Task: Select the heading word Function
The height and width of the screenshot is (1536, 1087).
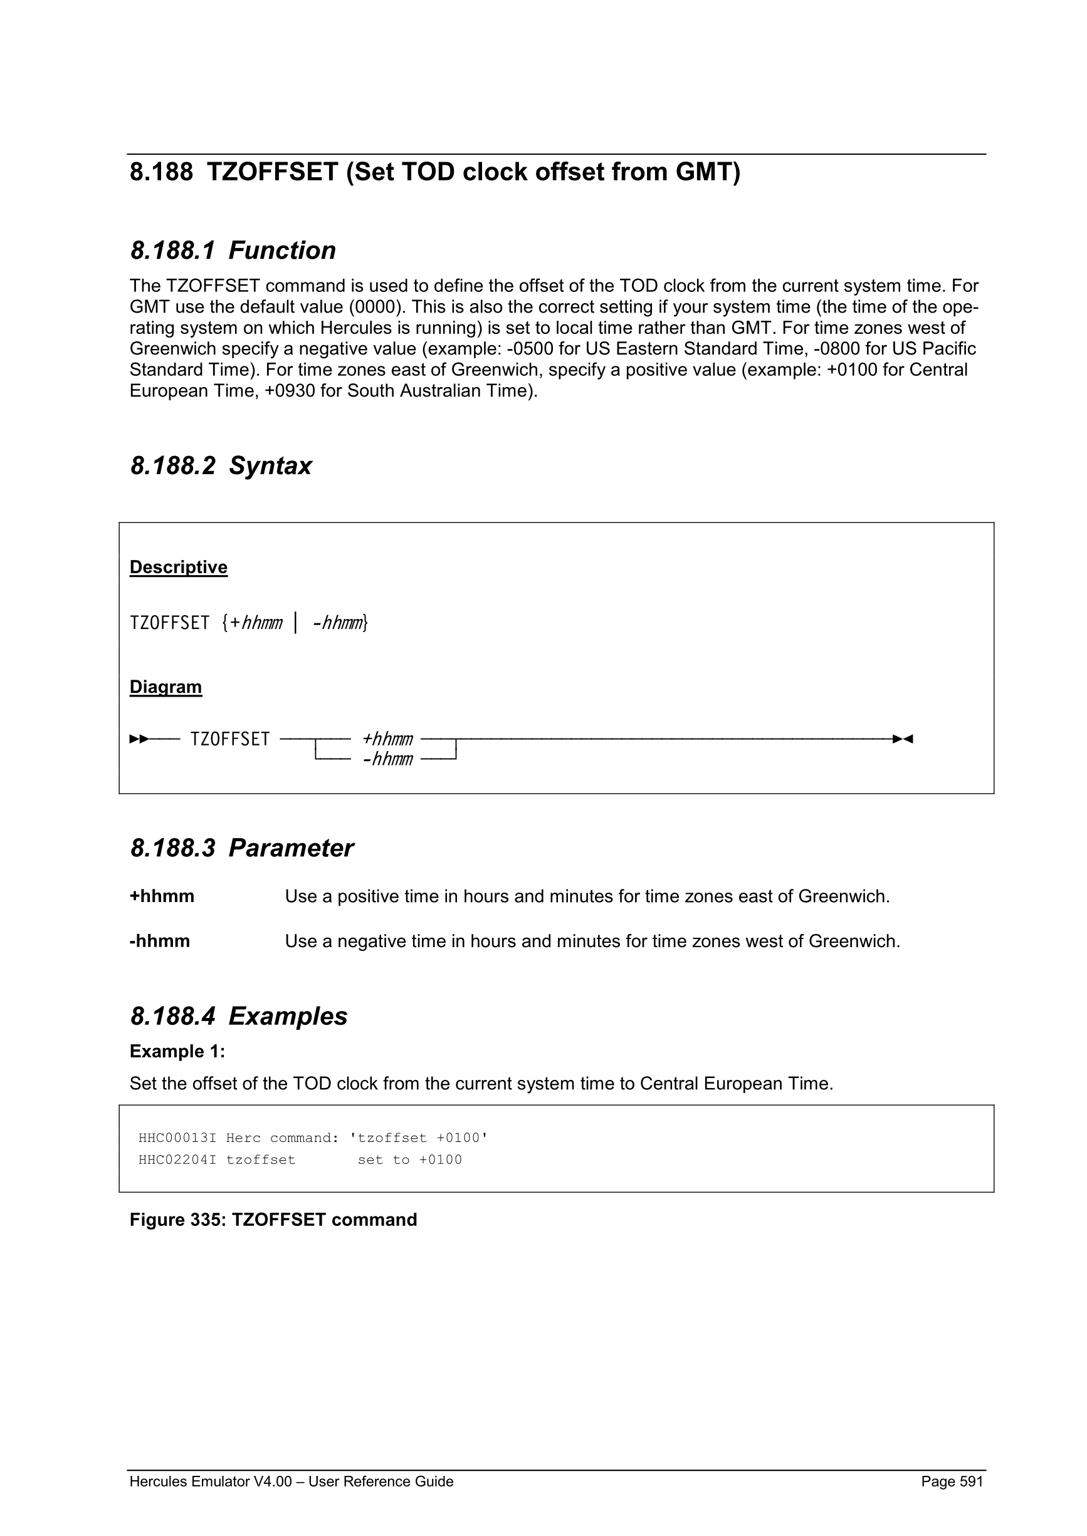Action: click(x=282, y=251)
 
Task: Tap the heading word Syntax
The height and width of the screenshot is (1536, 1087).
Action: click(x=270, y=465)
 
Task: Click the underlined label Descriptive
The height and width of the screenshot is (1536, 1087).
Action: click(x=178, y=568)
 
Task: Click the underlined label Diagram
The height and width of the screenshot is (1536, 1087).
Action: click(x=165, y=687)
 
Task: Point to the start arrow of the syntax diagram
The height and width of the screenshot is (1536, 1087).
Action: click(x=139, y=739)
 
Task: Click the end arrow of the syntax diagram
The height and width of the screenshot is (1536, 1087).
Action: click(x=903, y=739)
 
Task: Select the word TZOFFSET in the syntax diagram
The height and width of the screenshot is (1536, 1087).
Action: click(x=229, y=739)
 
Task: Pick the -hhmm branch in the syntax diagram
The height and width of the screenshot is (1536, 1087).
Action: click(x=387, y=759)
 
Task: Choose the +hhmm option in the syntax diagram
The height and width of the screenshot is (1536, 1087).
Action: click(x=387, y=739)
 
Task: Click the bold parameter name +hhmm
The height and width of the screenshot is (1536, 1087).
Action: click(x=162, y=896)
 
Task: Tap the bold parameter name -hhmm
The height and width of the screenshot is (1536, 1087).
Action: click(x=160, y=942)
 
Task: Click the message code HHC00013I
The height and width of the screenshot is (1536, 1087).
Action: click(x=177, y=1138)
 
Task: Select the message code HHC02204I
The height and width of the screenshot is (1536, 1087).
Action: click(x=177, y=1160)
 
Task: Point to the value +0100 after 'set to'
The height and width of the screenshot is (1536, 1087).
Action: click(x=440, y=1160)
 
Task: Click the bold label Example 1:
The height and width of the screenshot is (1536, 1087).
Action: click(x=177, y=1052)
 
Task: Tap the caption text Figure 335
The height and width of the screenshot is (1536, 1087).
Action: click(x=177, y=1220)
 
